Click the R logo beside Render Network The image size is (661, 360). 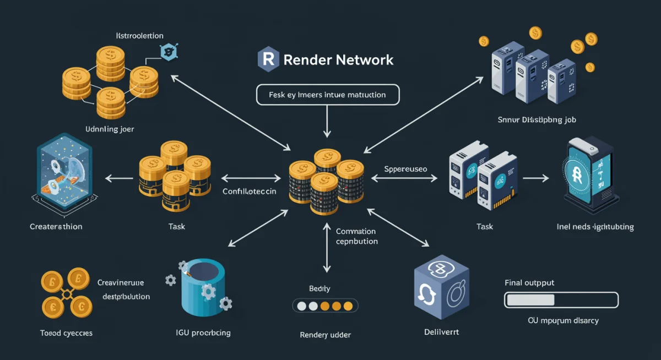click(268, 59)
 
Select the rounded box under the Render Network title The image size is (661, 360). click(328, 95)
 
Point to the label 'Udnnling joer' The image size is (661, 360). click(110, 129)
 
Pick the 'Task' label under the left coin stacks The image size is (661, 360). click(177, 226)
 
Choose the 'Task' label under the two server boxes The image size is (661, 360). click(485, 226)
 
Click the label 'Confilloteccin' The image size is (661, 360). click(250, 192)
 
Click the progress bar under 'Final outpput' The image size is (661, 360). click(561, 300)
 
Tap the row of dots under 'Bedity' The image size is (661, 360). click(324, 306)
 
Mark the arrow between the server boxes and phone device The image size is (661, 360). click(535, 178)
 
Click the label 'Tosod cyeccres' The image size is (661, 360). click(66, 333)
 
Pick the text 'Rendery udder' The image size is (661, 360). click(325, 335)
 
